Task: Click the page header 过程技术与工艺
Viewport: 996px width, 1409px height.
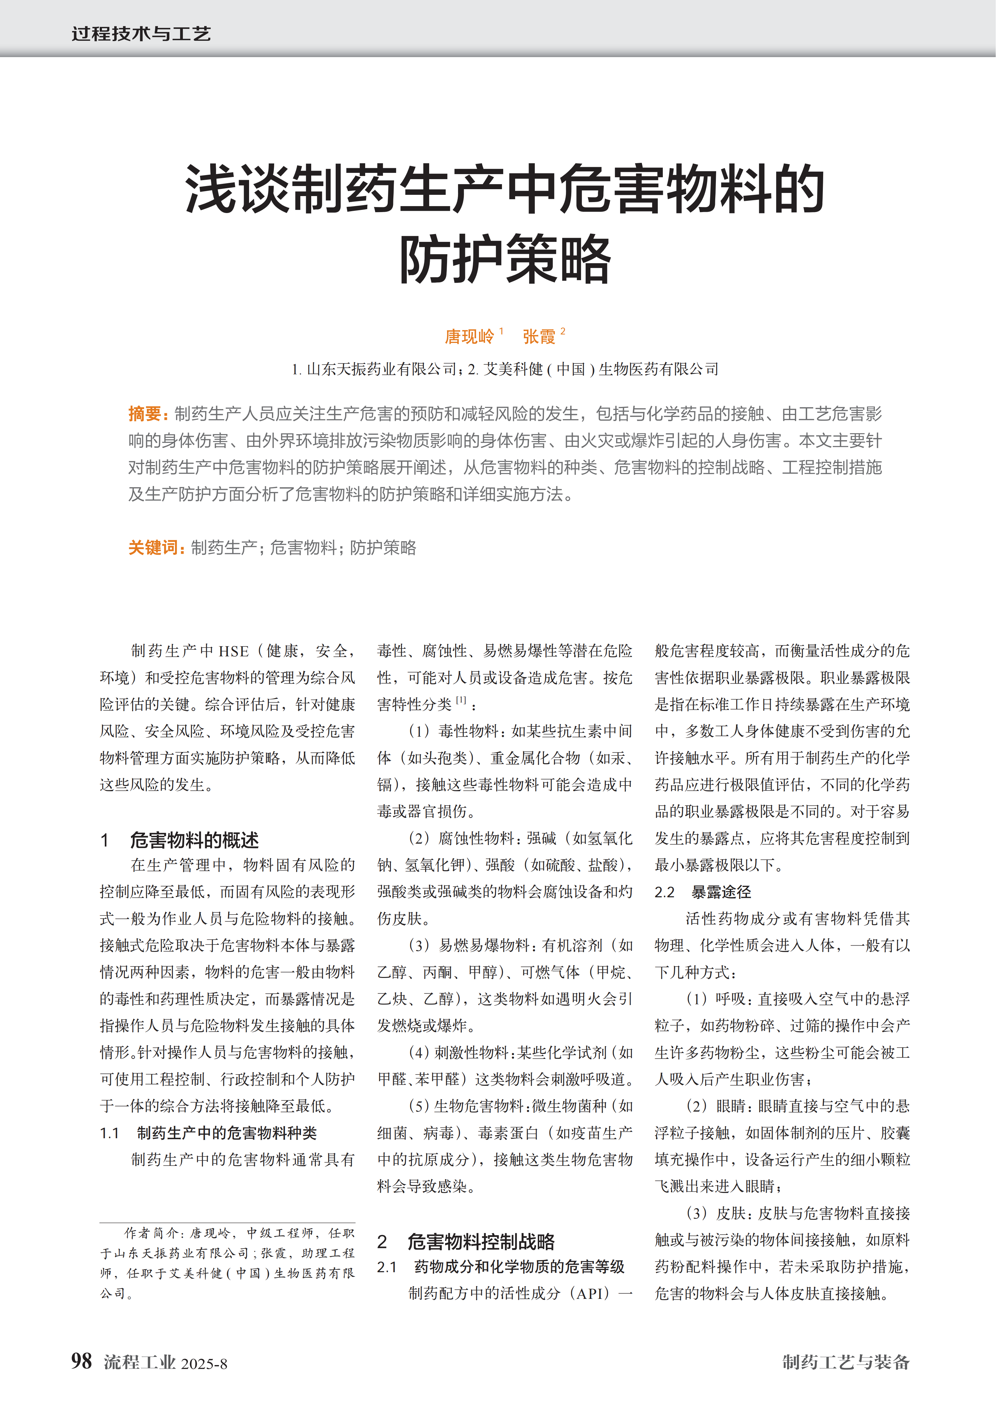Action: (x=141, y=33)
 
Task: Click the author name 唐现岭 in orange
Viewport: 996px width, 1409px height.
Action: (x=470, y=336)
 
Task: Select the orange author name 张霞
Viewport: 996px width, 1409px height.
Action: (x=539, y=336)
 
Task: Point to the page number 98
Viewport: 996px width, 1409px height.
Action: (x=82, y=1361)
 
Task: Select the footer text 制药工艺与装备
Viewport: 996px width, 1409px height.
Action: (x=846, y=1362)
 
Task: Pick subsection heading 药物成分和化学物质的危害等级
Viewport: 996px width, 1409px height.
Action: (x=519, y=1267)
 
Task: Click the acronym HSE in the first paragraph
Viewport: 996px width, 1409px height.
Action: (x=234, y=651)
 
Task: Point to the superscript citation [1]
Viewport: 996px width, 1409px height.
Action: (x=461, y=700)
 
